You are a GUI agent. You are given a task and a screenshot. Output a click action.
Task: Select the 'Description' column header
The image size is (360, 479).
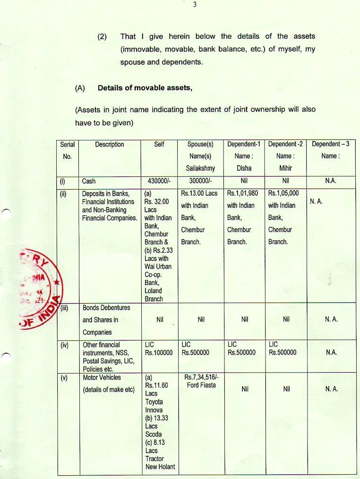click(109, 145)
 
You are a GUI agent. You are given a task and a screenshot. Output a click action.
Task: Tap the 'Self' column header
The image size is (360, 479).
click(159, 145)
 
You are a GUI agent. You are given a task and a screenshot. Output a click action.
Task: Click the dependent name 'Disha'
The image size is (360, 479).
click(244, 168)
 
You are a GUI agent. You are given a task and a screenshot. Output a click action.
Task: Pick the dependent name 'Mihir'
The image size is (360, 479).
click(285, 168)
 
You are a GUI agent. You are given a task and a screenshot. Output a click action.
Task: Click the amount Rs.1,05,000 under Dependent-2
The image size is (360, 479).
click(283, 193)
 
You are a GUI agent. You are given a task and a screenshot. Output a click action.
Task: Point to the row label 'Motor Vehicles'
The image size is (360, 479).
click(101, 378)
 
